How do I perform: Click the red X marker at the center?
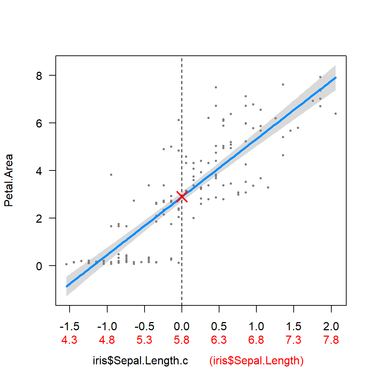(182, 196)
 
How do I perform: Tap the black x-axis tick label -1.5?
(70, 326)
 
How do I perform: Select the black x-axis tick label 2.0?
(331, 326)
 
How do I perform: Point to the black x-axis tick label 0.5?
(219, 326)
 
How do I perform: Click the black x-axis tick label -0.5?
(144, 326)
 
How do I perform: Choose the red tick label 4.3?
(70, 340)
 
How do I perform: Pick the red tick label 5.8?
(182, 340)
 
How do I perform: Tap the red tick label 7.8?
(331, 340)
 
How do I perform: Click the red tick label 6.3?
(219, 340)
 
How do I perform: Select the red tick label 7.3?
(294, 340)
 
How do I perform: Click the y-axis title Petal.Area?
(9, 180)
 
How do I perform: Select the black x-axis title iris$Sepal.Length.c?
(141, 361)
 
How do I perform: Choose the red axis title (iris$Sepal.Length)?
(256, 361)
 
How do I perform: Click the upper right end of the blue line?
(335, 77)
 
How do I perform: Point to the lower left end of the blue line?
(66, 286)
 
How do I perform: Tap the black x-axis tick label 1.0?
(256, 326)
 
